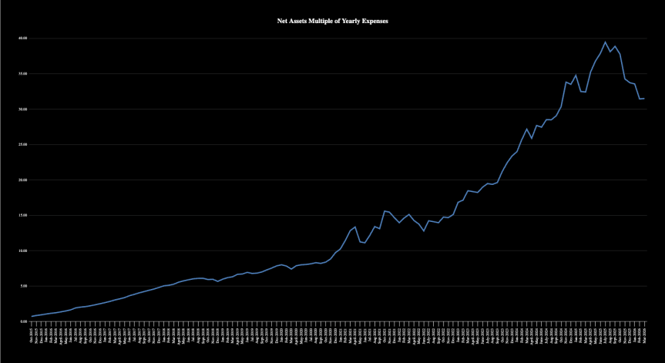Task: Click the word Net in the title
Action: coord(282,21)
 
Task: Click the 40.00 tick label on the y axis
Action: coord(22,38)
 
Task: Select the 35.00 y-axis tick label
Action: coord(22,73)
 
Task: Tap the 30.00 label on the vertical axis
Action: coord(22,109)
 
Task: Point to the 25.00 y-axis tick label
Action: coord(22,144)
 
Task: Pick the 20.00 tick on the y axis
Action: coord(22,180)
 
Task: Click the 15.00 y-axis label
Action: coord(22,215)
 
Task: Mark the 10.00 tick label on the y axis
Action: coord(22,250)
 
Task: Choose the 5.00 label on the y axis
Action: coord(23,286)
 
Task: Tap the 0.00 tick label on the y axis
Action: coord(23,321)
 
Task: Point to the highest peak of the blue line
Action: coord(605,42)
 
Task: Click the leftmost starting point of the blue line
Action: coord(32,317)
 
